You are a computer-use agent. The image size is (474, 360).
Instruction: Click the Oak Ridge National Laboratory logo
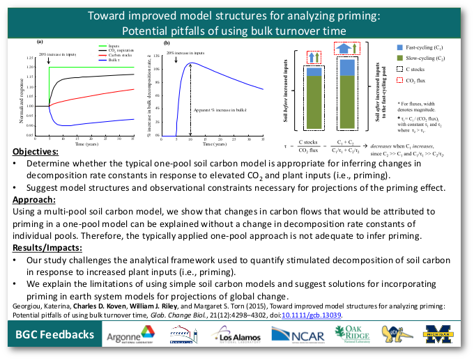coord(352,335)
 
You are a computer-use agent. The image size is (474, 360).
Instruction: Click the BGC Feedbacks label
coord(55,335)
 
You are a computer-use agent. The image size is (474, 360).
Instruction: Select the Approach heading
coord(38,201)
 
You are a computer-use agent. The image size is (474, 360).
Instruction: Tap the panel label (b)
coord(167,43)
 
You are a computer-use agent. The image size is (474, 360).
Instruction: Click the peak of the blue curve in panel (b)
coord(192,63)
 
